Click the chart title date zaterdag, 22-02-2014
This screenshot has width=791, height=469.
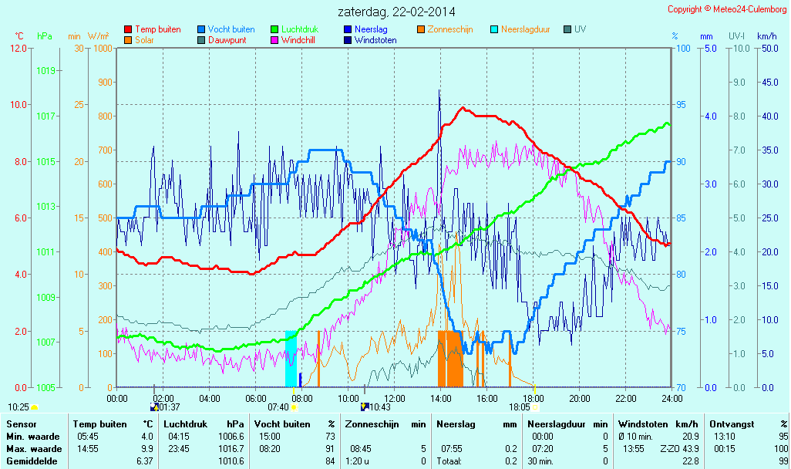[x=396, y=12]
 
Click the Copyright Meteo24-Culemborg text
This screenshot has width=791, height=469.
[x=727, y=9]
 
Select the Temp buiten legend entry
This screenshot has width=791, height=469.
[x=157, y=29]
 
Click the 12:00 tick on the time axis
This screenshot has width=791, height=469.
[x=395, y=398]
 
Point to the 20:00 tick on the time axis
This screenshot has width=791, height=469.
[x=580, y=398]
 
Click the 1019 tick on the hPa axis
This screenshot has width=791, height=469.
[x=47, y=70]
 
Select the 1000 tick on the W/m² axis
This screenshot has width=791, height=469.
[x=103, y=49]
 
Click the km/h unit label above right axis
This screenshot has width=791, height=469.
[x=766, y=36]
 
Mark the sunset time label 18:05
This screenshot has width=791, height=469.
[x=520, y=407]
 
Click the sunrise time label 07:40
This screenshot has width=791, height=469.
[x=278, y=407]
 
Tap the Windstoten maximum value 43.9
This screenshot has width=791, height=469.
[x=689, y=449]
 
